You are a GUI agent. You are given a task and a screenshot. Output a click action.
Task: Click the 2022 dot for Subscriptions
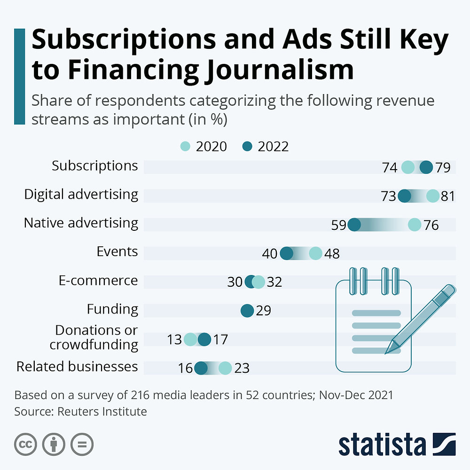point(426,167)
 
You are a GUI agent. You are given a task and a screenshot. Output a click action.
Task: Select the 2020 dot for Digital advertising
point(432,196)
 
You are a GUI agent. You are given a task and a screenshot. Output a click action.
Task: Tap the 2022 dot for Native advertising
point(354,225)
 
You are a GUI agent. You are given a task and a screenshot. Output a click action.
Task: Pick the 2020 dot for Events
point(316,254)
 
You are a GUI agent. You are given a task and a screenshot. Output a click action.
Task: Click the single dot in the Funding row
point(247,311)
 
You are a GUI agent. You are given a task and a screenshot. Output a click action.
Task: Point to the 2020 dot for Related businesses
point(225,368)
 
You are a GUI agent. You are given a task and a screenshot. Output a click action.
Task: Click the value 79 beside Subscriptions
point(443,167)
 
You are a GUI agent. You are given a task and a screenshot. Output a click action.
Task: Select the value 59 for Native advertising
point(338,225)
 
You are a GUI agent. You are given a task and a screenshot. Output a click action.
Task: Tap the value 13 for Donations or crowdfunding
point(174,339)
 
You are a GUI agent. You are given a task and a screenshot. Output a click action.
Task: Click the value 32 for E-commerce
point(274,282)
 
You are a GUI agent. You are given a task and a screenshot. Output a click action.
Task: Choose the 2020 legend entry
point(204,147)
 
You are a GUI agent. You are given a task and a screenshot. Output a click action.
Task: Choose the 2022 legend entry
point(266,147)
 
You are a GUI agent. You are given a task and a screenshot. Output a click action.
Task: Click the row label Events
point(117,252)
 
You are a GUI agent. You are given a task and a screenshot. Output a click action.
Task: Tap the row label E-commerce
point(98,281)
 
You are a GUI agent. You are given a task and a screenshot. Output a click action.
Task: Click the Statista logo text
point(382,445)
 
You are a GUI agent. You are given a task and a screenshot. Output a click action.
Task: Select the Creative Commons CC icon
point(26,444)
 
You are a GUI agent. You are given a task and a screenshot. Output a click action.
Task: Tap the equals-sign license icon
point(82,444)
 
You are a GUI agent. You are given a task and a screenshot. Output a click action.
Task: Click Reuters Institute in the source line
point(102,412)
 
